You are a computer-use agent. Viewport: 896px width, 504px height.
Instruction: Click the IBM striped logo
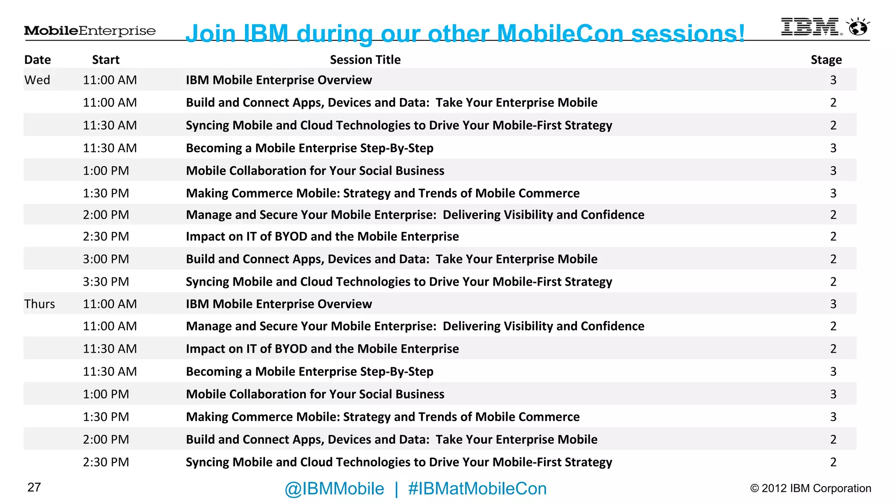(810, 27)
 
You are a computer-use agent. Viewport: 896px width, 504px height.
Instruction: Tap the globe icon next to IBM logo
(858, 28)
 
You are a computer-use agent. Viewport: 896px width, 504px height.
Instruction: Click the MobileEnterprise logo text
(90, 31)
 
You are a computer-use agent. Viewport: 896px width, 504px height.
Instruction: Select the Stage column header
(826, 59)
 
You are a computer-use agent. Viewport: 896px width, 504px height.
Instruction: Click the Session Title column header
(365, 59)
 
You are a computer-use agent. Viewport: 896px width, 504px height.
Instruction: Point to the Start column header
(105, 59)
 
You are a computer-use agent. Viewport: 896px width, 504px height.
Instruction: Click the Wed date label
(37, 80)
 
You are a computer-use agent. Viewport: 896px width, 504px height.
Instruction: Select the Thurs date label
(39, 304)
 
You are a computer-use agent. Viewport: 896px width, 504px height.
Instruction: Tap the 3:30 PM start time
(106, 282)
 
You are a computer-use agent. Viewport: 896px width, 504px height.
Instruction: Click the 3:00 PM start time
(106, 259)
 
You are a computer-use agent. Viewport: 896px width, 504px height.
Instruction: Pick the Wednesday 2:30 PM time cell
(106, 237)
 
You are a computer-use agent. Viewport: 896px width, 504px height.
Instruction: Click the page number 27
(34, 487)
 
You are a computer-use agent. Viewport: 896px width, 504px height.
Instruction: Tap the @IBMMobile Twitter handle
(334, 489)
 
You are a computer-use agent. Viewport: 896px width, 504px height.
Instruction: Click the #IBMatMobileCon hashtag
(477, 489)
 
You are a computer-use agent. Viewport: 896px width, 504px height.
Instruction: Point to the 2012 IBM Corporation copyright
(810, 488)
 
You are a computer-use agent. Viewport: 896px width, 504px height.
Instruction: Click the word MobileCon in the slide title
(560, 33)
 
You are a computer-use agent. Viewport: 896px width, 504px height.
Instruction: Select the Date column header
(38, 59)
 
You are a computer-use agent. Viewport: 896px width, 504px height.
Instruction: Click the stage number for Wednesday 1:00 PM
(833, 171)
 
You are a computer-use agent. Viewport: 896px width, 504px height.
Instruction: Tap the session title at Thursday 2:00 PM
(392, 440)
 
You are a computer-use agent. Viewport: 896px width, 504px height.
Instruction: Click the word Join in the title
(210, 33)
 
